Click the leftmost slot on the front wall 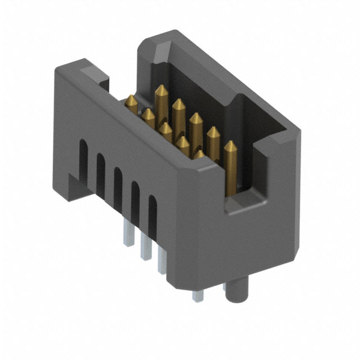tap(83, 157)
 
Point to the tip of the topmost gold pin tap(160, 89)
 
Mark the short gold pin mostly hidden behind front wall tap(199, 155)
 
